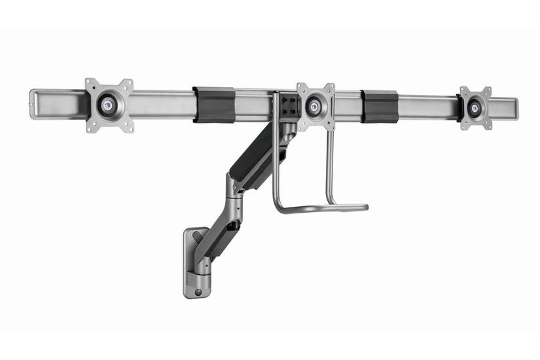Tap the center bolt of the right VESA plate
point(474,105)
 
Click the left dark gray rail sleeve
point(214,105)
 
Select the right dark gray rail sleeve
point(380,105)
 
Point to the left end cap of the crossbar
point(35,105)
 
